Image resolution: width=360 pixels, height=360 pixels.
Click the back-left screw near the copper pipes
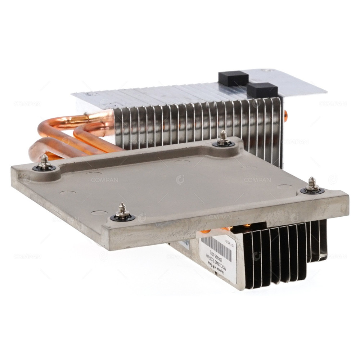(45, 163)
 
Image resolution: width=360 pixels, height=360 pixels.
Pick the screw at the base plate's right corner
(312, 186)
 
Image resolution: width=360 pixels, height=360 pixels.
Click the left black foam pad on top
(233, 77)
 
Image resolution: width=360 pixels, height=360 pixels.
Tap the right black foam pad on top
(262, 90)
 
